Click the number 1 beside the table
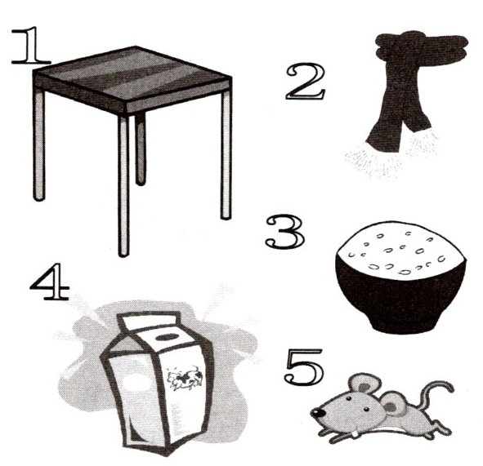(31, 46)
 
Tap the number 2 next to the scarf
(305, 82)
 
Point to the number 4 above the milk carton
(49, 282)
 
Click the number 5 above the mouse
(304, 366)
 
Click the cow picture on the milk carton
(185, 378)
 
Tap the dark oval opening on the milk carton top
(167, 337)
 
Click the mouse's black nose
(316, 412)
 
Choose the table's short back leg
(140, 149)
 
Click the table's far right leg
(226, 153)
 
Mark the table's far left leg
(39, 144)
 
